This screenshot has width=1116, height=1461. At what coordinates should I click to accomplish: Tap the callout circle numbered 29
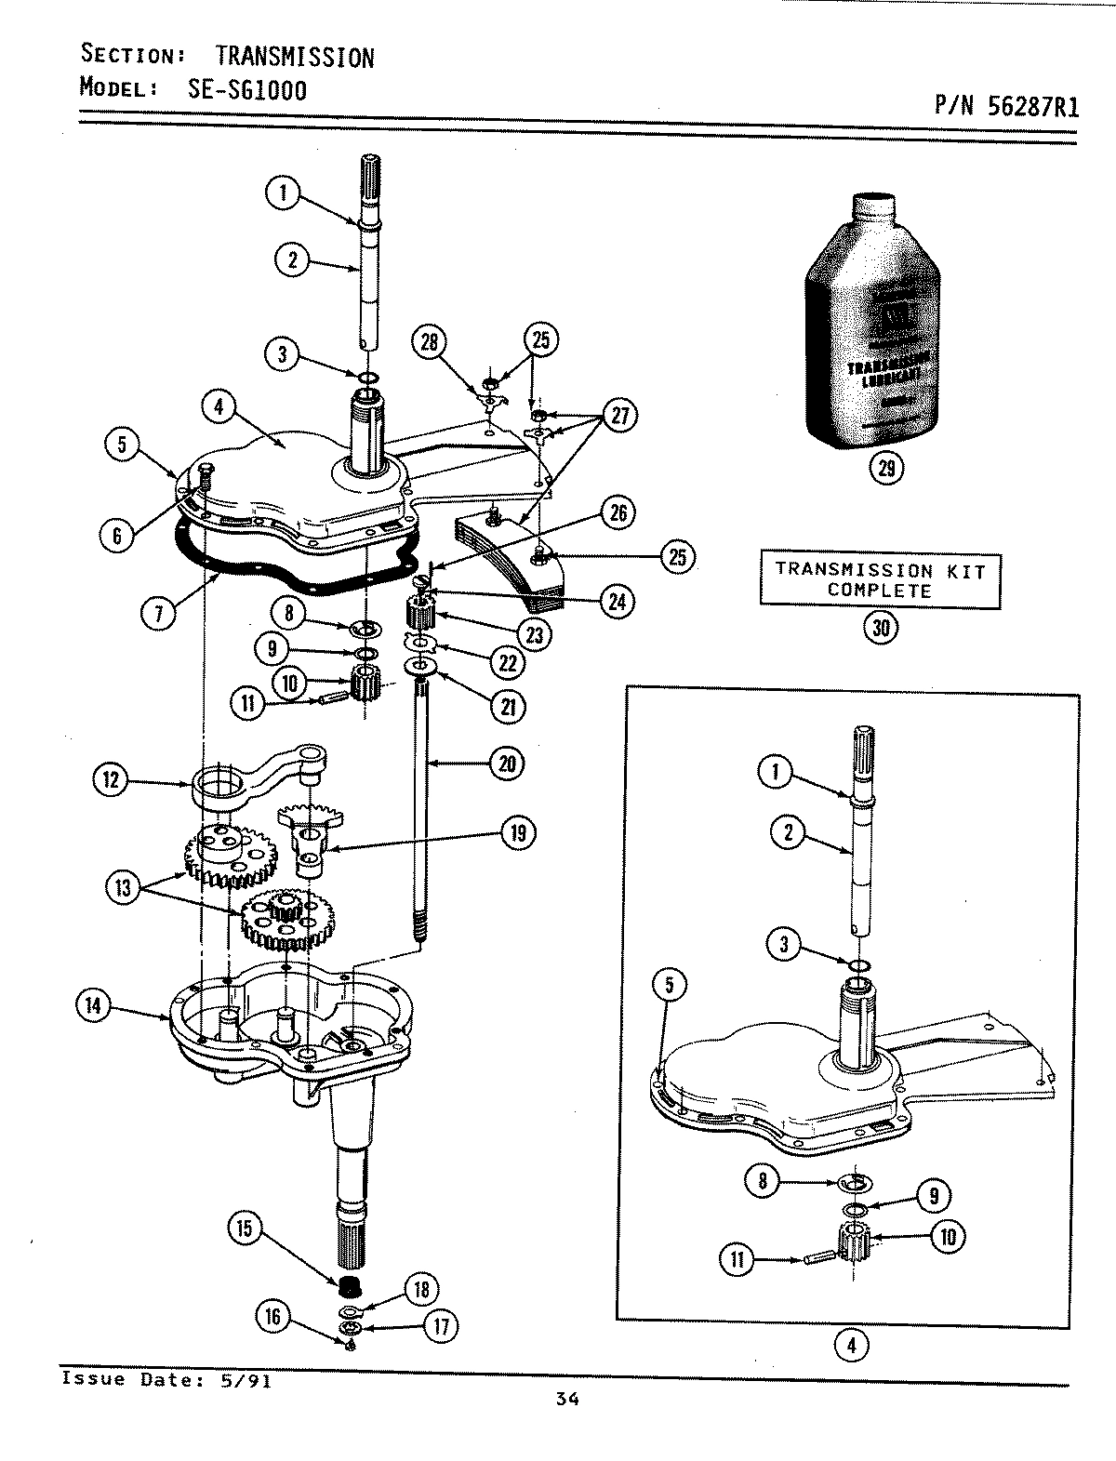(x=885, y=469)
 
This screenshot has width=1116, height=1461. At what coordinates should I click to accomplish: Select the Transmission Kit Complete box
(x=879, y=579)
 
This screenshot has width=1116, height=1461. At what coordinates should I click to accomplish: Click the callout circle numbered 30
(x=880, y=628)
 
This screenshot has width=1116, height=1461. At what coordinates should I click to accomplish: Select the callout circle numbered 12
(x=112, y=779)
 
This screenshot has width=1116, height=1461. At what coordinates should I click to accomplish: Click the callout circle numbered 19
(x=517, y=832)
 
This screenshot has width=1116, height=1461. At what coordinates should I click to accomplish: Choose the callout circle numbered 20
(x=508, y=764)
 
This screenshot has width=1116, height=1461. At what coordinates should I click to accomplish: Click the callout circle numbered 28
(x=431, y=341)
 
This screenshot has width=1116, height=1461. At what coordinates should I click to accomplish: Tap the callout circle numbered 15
(x=245, y=1228)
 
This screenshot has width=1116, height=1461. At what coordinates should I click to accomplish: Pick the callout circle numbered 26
(x=618, y=512)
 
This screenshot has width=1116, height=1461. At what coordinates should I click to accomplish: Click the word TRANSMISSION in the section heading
(x=295, y=58)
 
